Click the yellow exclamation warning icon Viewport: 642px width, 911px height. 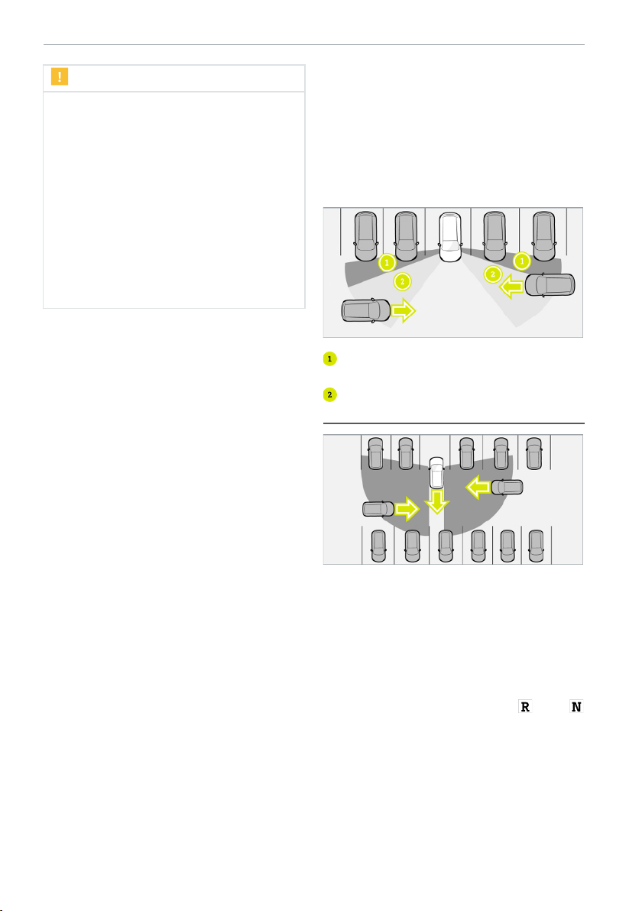click(60, 76)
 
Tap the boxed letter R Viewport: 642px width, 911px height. click(525, 706)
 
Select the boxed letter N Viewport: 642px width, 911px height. click(576, 706)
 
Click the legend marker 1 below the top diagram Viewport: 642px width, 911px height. click(329, 359)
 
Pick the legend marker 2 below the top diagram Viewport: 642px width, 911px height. click(329, 394)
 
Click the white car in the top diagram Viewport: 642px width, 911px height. click(449, 236)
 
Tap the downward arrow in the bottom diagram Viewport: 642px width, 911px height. click(436, 501)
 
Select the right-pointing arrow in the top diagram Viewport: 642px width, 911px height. click(404, 311)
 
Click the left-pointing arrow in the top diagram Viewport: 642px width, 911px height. click(511, 286)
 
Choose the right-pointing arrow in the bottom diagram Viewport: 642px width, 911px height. click(407, 509)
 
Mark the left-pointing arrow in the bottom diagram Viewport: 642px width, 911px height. click(478, 487)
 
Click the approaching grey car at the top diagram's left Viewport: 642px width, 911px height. click(366, 310)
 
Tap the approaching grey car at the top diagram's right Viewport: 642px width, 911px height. click(550, 284)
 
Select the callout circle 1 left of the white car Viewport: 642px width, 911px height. click(387, 263)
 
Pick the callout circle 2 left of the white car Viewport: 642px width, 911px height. click(402, 282)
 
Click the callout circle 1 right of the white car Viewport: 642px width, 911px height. click(522, 261)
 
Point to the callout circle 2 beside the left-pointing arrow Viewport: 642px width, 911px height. click(493, 274)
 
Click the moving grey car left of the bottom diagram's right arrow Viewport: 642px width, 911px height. click(379, 509)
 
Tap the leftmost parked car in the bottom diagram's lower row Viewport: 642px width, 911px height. click(378, 546)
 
